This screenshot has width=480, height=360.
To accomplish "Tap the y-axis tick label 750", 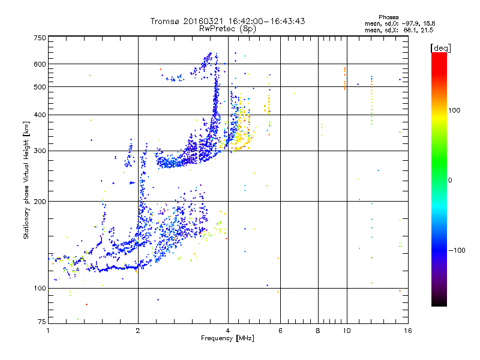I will [39, 38].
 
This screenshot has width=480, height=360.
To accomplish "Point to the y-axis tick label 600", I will [39, 64].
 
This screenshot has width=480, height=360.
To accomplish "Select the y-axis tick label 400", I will [39, 115].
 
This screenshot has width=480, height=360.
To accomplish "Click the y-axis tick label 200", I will [39, 201].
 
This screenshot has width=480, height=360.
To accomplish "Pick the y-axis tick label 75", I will [41, 323].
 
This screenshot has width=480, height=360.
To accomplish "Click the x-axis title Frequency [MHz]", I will [227, 338].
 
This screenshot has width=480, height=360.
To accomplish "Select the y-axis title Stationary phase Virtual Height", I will [26, 180].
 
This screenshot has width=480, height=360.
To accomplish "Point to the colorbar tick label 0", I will [450, 180].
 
